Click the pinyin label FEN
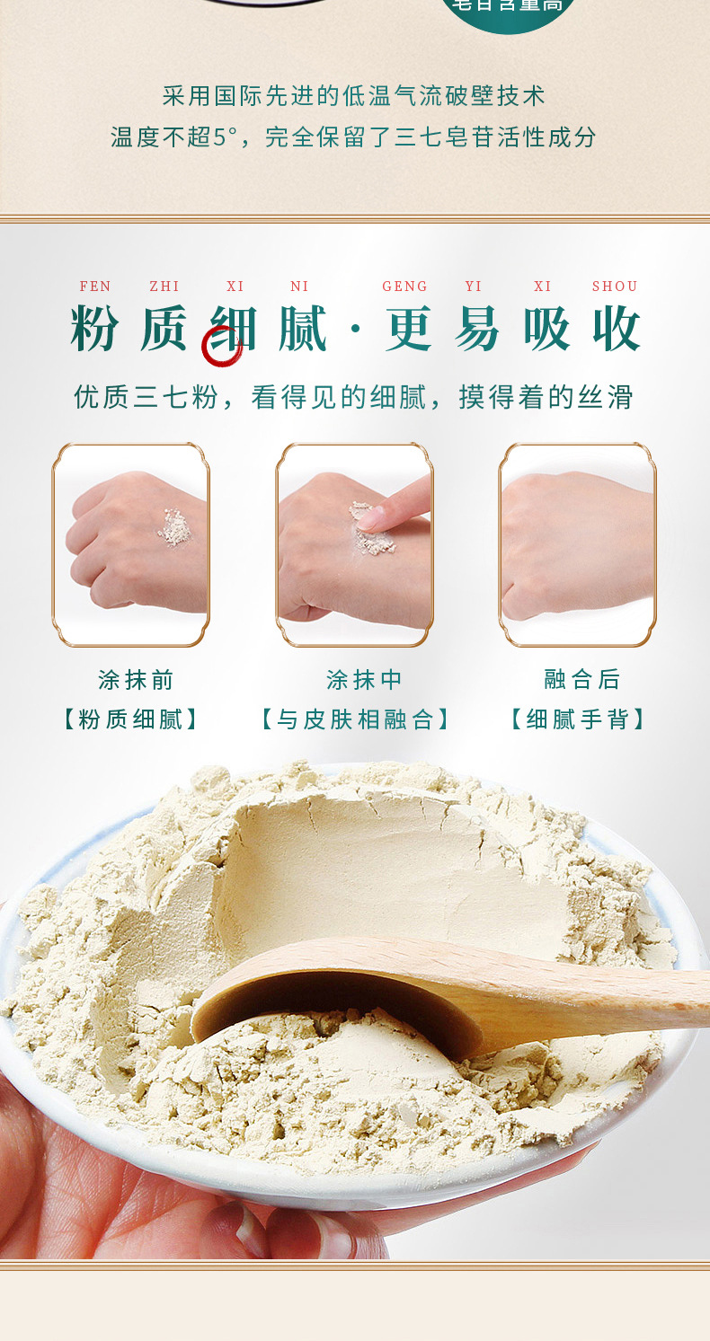(x=95, y=287)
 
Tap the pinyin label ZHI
(x=164, y=287)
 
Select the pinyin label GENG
(x=404, y=287)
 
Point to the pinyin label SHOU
(x=615, y=287)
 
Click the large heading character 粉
(x=95, y=330)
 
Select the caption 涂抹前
(x=136, y=680)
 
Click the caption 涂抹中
(x=364, y=680)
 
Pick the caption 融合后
(x=582, y=680)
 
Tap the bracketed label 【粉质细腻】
(x=131, y=719)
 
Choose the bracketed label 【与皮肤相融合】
(x=355, y=719)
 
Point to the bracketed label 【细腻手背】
(x=577, y=719)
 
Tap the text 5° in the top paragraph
(x=225, y=137)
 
